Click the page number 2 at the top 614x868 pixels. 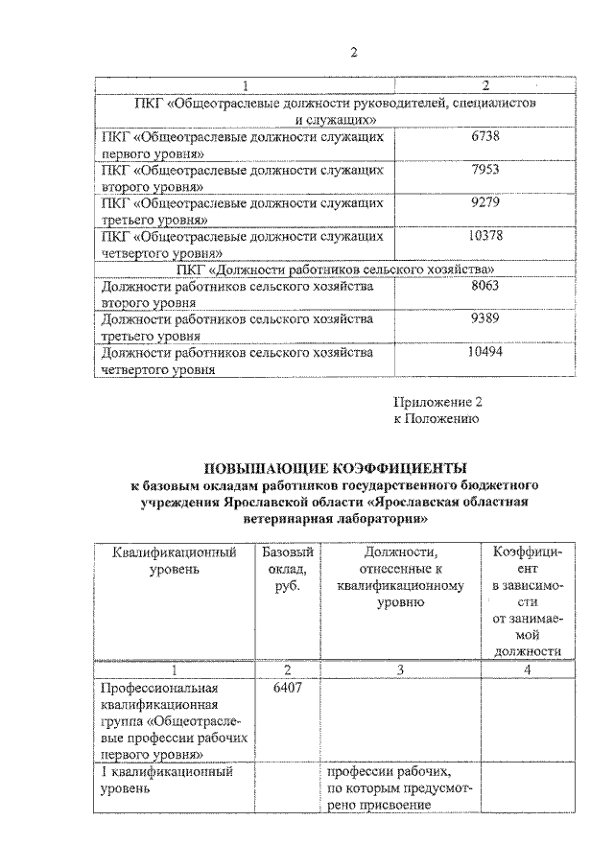tap(353, 52)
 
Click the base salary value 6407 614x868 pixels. tap(274, 688)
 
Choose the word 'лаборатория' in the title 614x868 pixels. tap(383, 518)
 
